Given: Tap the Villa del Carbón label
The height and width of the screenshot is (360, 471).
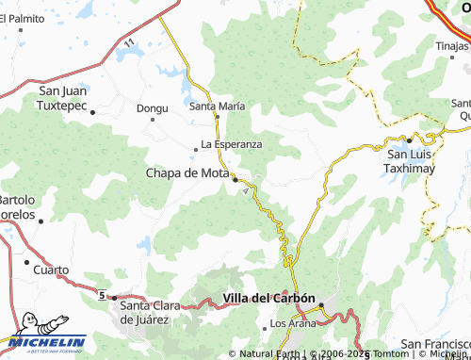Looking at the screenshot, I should click(x=268, y=299).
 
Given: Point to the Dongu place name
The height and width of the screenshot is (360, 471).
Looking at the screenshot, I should click(x=152, y=108).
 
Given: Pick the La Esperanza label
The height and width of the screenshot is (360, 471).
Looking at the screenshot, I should click(x=231, y=144).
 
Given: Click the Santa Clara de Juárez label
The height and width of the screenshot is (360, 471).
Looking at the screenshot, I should click(x=155, y=312).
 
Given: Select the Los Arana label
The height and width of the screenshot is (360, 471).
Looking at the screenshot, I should click(x=289, y=324).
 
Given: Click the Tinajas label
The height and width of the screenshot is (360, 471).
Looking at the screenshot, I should click(x=451, y=45).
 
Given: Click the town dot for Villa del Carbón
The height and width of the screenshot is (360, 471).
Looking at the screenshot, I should click(x=321, y=305).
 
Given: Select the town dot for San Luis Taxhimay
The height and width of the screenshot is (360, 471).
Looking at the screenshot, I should click(x=410, y=139).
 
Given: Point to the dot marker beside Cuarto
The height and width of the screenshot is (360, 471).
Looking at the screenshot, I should click(x=26, y=261).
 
